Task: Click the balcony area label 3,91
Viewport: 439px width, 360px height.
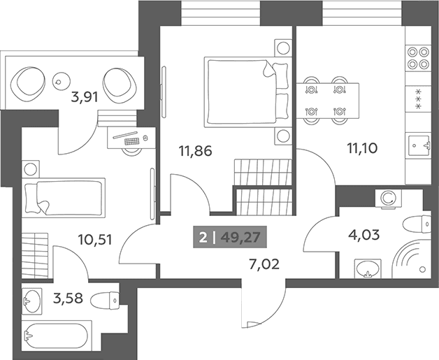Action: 85,98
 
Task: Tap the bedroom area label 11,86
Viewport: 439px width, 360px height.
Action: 196,151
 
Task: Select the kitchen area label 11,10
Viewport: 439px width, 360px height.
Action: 362,148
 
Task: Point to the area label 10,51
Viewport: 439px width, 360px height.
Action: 95,240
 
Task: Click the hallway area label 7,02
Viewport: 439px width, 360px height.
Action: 264,264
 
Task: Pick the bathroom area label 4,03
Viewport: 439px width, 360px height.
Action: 364,235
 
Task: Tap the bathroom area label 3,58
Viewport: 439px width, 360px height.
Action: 68,298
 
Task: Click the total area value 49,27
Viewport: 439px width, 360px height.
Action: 240,238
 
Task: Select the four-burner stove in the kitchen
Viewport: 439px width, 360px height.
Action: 418,58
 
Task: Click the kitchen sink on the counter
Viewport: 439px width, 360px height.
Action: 419,145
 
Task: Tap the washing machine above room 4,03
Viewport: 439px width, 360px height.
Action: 389,199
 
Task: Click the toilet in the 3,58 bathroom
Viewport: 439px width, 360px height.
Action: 106,301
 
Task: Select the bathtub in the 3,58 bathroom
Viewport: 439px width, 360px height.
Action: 57,336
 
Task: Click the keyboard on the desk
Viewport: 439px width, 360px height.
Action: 132,141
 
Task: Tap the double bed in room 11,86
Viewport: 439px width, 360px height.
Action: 246,92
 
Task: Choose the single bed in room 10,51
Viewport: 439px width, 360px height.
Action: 64,197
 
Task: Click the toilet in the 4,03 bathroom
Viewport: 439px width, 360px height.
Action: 417,224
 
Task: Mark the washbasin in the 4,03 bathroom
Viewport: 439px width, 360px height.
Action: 368,268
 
